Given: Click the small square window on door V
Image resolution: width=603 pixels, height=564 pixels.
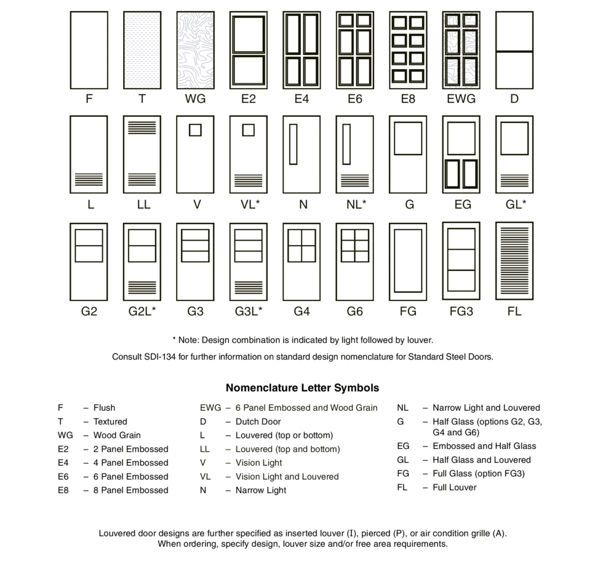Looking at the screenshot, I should tap(195, 130).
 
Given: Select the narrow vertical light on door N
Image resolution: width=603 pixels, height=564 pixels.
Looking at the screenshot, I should tap(293, 144).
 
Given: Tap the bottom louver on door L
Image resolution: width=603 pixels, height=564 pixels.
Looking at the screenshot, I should tap(89, 179).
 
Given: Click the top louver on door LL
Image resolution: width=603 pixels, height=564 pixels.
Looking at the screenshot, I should tap(142, 127).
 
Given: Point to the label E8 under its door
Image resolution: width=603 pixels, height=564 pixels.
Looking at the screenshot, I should tap(407, 99).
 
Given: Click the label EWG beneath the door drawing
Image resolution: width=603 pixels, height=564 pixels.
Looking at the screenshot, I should tap(461, 99).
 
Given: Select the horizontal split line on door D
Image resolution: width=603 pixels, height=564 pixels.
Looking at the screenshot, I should tap(514, 51).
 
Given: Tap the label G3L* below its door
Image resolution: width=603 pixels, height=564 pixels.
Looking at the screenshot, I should tap(248, 311).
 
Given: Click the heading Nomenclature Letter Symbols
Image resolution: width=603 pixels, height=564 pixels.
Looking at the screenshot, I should tap(302, 388).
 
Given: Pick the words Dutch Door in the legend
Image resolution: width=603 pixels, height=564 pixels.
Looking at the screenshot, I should tap(258, 422).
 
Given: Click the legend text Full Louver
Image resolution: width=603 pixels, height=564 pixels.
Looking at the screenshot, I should tap(454, 487).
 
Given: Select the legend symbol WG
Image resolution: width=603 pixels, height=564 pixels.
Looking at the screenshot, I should tap(65, 435).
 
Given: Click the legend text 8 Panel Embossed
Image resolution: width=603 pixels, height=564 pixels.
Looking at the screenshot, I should tap(130, 490).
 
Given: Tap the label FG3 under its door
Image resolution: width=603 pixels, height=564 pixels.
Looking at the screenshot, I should tap(461, 311).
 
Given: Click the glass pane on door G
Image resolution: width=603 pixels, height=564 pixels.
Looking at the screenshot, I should tap(408, 139).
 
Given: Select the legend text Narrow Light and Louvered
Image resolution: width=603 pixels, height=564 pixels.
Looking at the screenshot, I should tap(486, 408).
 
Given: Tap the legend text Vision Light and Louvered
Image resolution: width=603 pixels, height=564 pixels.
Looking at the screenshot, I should tap(287, 477).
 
